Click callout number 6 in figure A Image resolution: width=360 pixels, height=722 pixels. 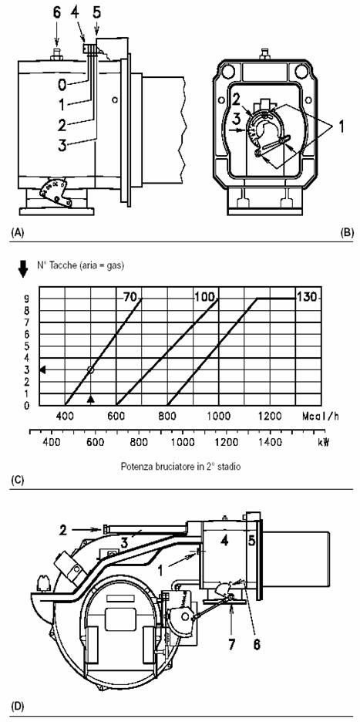point(56,13)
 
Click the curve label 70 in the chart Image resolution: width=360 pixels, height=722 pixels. point(130,297)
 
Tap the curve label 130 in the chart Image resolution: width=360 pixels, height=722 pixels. point(307,297)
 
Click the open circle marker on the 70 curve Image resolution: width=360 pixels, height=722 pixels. point(90,369)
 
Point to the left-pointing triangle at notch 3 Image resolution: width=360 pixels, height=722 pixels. point(43,369)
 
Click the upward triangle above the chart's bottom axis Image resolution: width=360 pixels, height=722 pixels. point(91,399)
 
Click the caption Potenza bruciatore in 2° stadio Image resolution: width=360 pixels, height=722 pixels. point(180,466)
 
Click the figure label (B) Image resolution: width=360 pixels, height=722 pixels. point(346,232)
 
